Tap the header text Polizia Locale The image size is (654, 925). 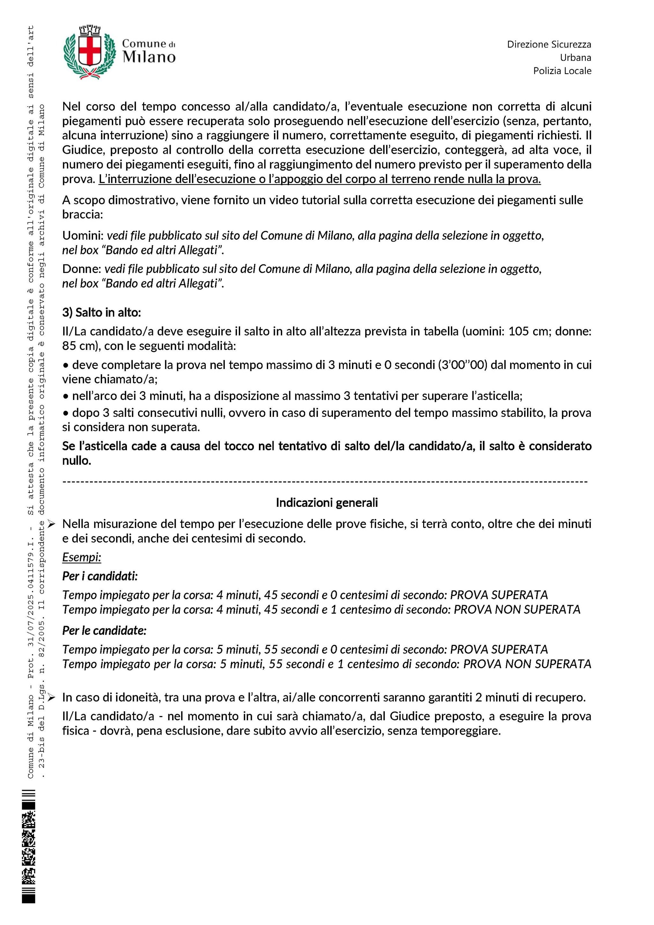click(x=562, y=71)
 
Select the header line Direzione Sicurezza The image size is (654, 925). click(x=549, y=44)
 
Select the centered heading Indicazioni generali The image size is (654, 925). click(x=327, y=502)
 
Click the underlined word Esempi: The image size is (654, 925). click(x=82, y=557)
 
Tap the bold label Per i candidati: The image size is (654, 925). click(x=100, y=576)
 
